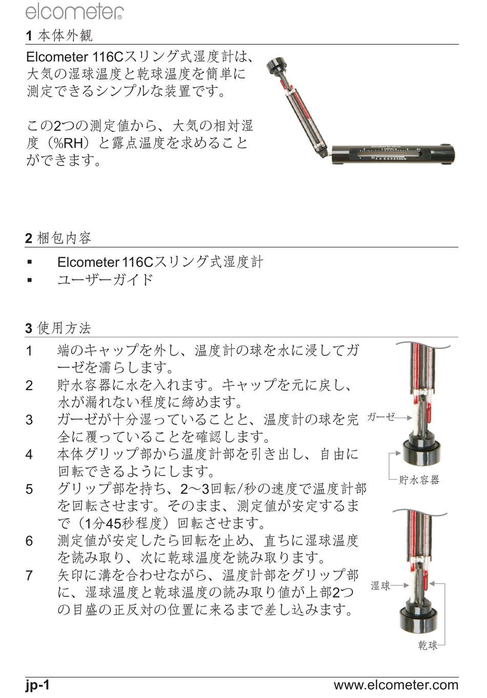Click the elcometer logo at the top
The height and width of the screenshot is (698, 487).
[74, 12]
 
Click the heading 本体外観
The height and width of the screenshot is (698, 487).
[65, 35]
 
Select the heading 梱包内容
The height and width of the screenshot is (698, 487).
[65, 238]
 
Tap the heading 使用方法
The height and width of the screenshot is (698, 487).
[64, 328]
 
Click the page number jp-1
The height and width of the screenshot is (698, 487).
[37, 685]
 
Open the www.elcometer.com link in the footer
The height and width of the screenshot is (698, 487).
[396, 685]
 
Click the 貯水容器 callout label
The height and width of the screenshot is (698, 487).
[419, 480]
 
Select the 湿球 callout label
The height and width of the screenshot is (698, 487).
[380, 586]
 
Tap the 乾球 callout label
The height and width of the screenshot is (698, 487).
[428, 645]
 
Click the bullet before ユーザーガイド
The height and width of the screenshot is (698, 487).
[30, 280]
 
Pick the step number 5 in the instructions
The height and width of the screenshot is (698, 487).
[29, 489]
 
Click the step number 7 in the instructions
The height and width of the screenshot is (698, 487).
[29, 575]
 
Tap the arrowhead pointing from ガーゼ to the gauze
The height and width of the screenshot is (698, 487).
[409, 418]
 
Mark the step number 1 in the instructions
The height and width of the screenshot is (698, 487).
[29, 351]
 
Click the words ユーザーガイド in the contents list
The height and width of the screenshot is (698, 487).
[106, 280]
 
